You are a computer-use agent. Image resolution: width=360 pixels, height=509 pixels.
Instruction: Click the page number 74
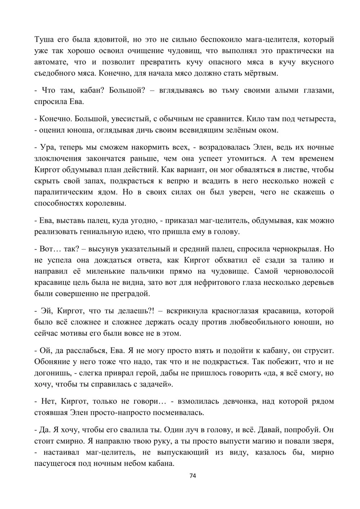tap(193, 476)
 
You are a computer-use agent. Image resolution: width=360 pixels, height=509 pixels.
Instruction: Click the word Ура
tap(46, 147)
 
